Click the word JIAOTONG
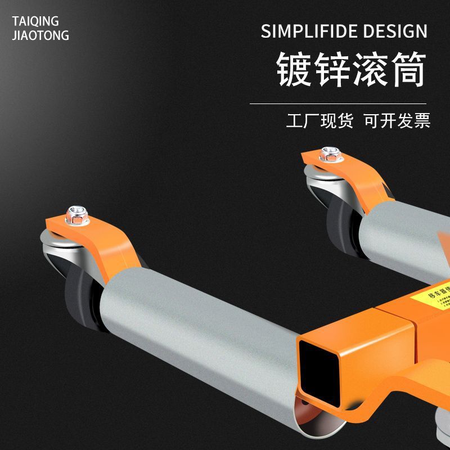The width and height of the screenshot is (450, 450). pyautogui.click(x=40, y=35)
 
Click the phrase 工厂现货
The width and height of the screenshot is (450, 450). pyautogui.click(x=319, y=120)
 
